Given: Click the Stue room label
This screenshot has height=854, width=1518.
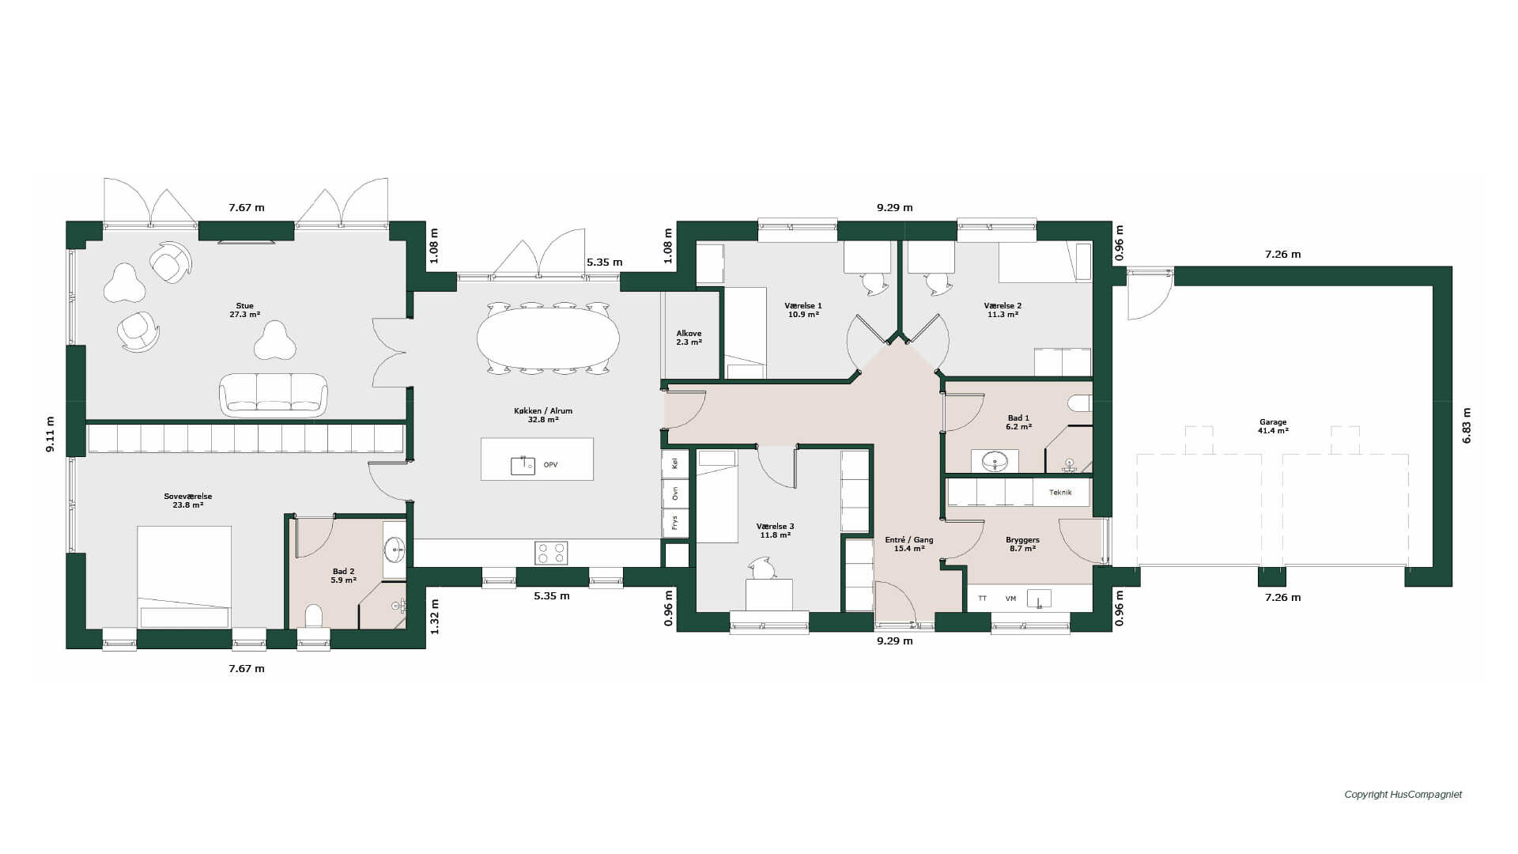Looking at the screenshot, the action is [245, 310].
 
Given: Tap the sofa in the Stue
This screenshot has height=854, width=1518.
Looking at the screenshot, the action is [273, 395].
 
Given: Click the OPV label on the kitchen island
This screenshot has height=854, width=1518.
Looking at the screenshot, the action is [551, 465].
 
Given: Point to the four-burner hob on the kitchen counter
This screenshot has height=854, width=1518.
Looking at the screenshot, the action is [551, 553].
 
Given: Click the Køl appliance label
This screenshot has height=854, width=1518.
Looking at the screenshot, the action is [674, 464].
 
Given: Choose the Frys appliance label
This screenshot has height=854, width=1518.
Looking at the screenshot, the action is [674, 523].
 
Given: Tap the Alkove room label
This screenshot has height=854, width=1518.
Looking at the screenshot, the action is [689, 338].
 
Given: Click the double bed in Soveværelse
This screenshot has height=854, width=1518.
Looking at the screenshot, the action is [184, 577].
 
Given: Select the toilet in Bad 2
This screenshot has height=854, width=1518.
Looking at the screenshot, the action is [314, 616].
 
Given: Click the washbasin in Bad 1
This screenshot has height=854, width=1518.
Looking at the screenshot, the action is [994, 460].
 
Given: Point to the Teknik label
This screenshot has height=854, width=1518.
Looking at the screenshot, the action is [1060, 493].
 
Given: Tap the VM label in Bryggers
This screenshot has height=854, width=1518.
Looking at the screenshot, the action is [1010, 599].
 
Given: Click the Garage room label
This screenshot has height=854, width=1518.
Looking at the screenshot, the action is [1273, 426].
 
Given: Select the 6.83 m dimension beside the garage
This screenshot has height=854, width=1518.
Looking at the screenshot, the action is [1467, 425].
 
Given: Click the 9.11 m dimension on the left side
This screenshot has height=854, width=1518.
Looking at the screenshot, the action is [50, 434].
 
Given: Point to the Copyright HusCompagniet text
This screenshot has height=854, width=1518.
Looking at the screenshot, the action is [1403, 795].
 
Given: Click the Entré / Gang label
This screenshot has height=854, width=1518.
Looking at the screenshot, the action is [909, 544].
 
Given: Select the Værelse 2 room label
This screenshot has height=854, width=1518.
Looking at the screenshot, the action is [1003, 310].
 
